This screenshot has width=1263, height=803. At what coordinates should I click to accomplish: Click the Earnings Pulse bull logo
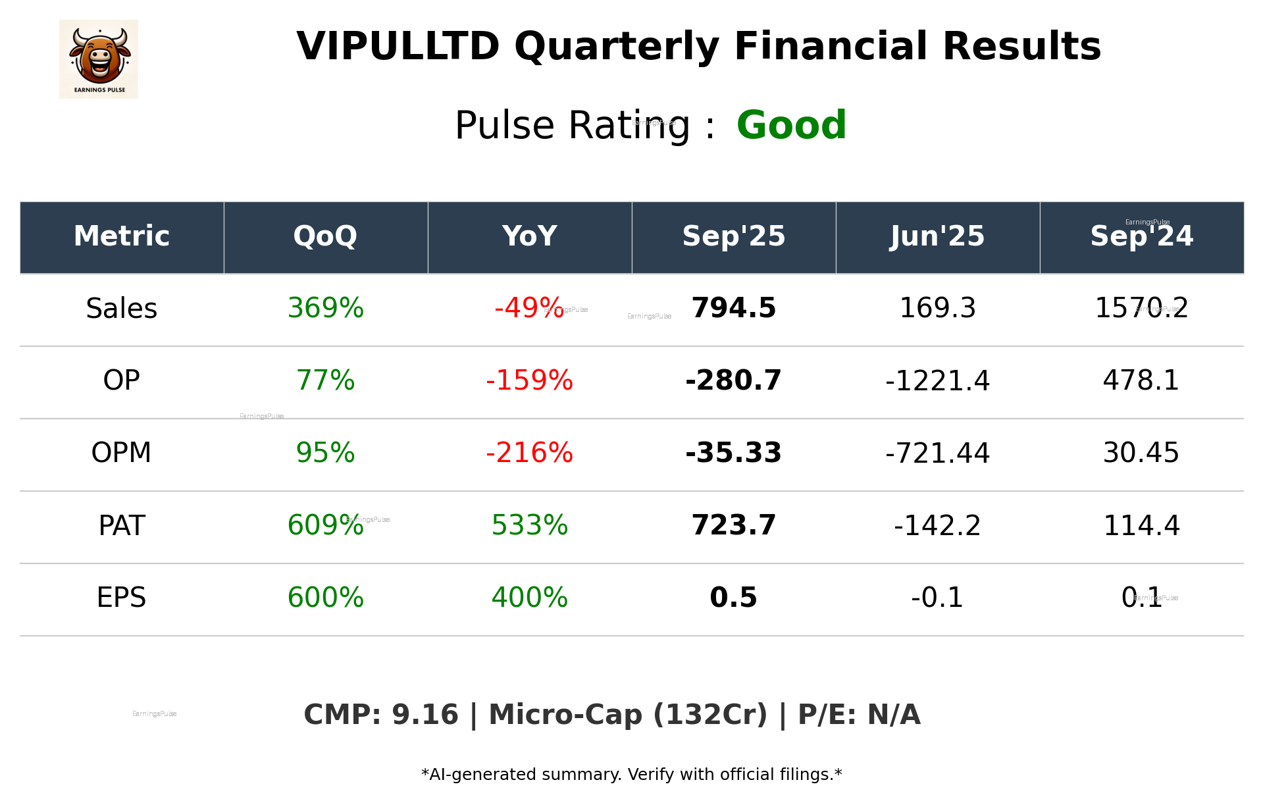coord(99,59)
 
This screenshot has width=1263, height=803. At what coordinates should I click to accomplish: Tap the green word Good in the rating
coord(790,125)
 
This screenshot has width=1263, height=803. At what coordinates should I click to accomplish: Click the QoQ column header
coord(325,236)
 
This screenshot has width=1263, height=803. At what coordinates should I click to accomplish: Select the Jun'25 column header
coord(937,236)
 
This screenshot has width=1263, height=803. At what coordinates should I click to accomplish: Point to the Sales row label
coord(122,309)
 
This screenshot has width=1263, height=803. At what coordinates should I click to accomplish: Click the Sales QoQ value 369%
coord(325,309)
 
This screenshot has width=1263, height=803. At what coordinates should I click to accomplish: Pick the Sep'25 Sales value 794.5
coord(733,309)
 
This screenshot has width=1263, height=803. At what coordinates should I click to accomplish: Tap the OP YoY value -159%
coord(529,381)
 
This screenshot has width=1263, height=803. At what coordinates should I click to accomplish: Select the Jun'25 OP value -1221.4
coord(937,381)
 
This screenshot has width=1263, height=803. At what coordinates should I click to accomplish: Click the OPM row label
coord(122,453)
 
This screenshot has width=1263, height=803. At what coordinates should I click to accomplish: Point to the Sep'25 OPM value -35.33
coord(733,453)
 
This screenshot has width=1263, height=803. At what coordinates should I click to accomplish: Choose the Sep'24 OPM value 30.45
coord(1141,453)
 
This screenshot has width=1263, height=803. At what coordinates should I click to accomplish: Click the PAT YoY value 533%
coord(529,526)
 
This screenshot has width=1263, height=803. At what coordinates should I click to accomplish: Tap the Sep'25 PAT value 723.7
coord(733,526)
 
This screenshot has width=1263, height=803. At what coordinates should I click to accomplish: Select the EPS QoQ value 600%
coord(325,598)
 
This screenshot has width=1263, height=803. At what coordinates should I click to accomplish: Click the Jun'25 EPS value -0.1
coord(937,598)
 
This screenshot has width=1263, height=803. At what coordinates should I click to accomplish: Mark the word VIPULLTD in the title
coord(398,47)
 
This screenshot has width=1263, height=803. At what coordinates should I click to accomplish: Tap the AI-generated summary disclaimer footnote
coord(631,775)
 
